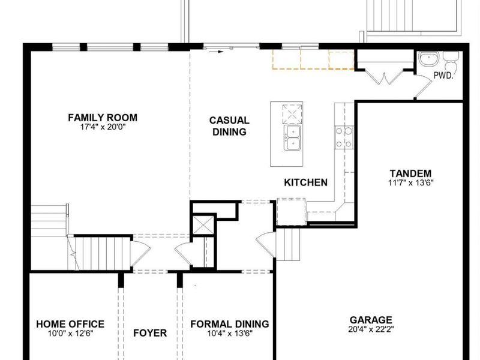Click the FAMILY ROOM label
(x=103, y=118)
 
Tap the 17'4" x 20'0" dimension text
(x=103, y=127)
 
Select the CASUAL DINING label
(x=229, y=126)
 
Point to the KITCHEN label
(x=306, y=182)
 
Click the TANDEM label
(x=411, y=173)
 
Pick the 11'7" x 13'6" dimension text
(x=411, y=183)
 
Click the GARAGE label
(x=371, y=320)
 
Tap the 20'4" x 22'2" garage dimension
(x=371, y=329)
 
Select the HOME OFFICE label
(x=70, y=324)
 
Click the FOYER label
(x=150, y=333)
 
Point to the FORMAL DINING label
(x=230, y=324)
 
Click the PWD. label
(x=443, y=76)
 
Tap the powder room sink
(x=429, y=59)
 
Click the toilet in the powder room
(x=451, y=61)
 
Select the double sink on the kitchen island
(x=292, y=138)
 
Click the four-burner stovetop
(x=344, y=137)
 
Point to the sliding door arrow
(x=217, y=52)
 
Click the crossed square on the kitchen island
(x=292, y=114)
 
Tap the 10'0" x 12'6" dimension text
(x=70, y=334)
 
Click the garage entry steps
(x=288, y=245)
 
